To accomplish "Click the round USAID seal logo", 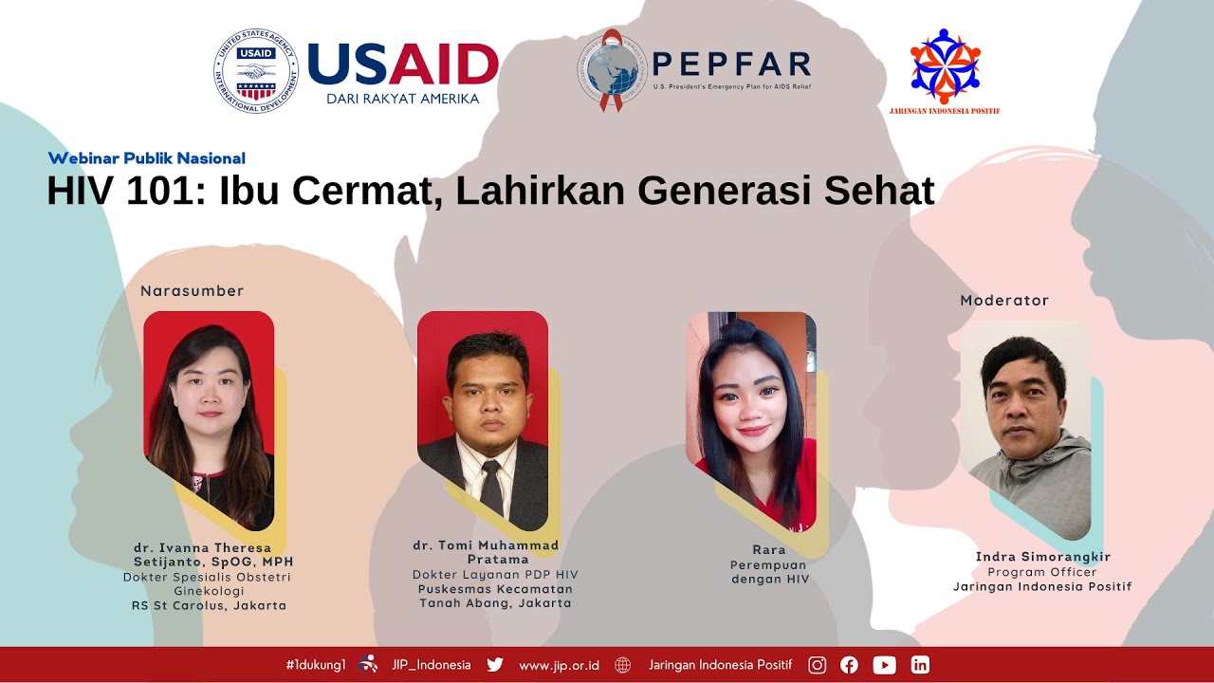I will [255, 70].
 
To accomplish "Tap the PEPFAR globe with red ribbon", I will [611, 70].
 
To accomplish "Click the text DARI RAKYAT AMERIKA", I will [402, 99].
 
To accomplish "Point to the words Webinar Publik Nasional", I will [146, 158].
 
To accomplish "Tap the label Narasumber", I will [192, 291].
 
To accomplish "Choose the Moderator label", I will [1003, 301].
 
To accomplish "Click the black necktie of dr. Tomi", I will [490, 488].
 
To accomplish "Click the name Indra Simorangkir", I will [1042, 557].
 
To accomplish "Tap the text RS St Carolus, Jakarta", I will [209, 605].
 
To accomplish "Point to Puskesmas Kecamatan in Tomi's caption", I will [495, 589].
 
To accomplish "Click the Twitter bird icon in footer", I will [495, 665].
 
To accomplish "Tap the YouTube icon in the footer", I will [884, 665].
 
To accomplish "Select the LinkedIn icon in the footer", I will [920, 665].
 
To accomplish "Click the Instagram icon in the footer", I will [817, 665].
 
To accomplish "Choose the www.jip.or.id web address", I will [559, 665].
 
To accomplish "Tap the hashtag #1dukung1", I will [315, 665].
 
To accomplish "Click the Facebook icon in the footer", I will [849, 665].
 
